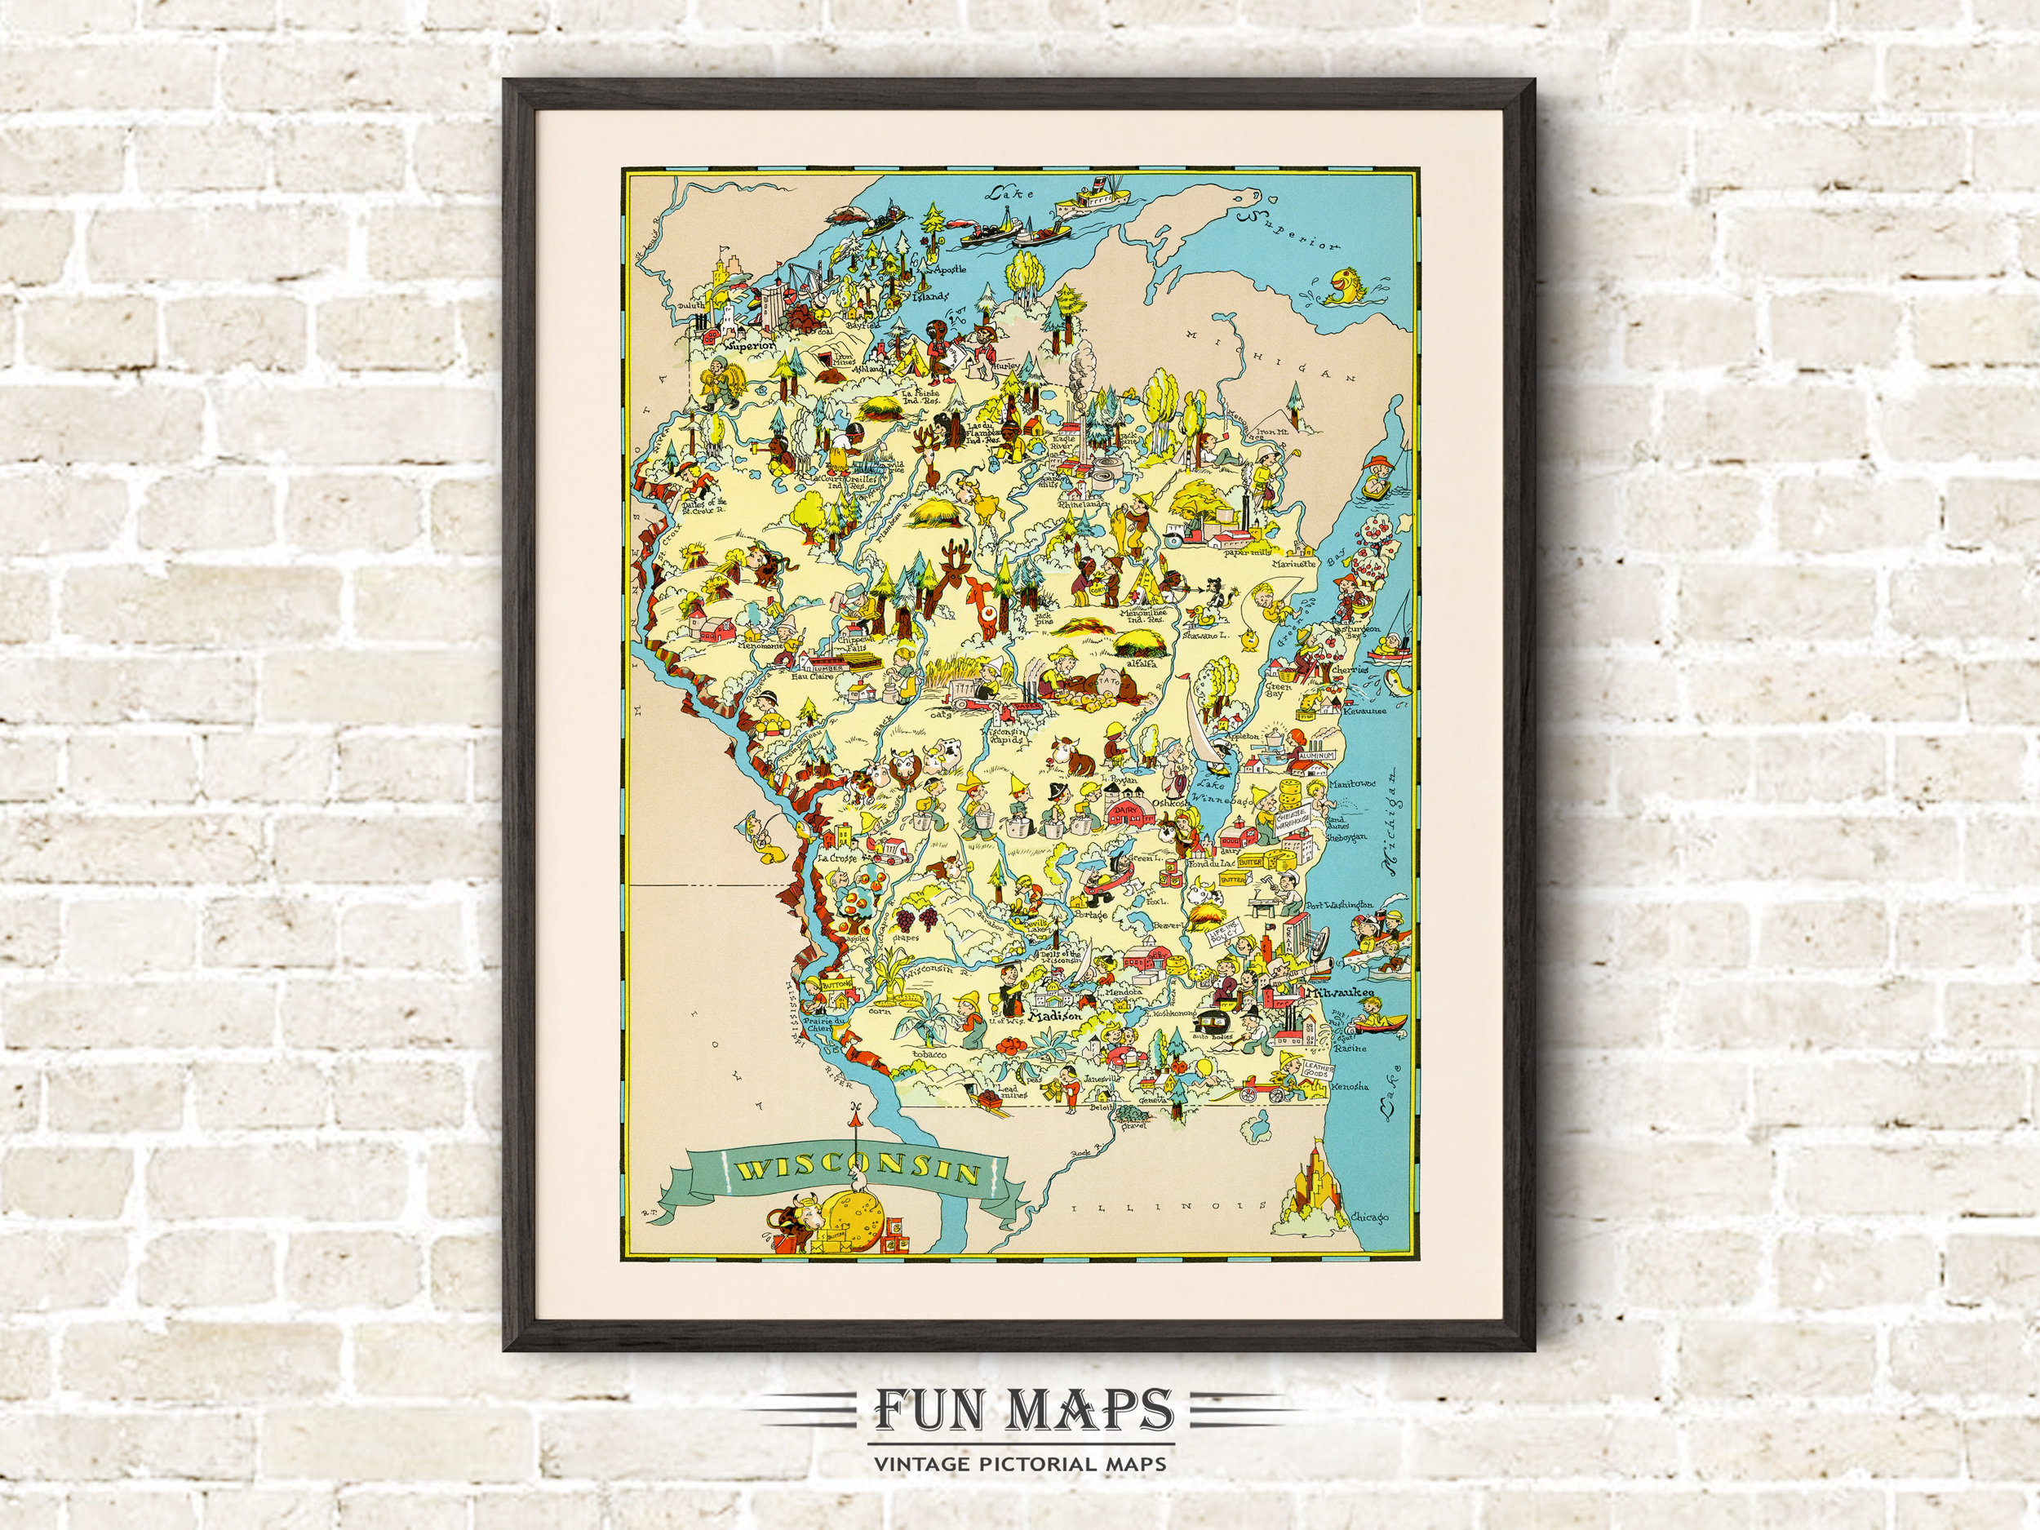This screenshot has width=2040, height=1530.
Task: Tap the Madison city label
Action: pos(1053,1015)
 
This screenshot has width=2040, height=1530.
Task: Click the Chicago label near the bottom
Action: pos(1368,1218)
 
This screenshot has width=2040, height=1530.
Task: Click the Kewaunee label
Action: pos(1362,711)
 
